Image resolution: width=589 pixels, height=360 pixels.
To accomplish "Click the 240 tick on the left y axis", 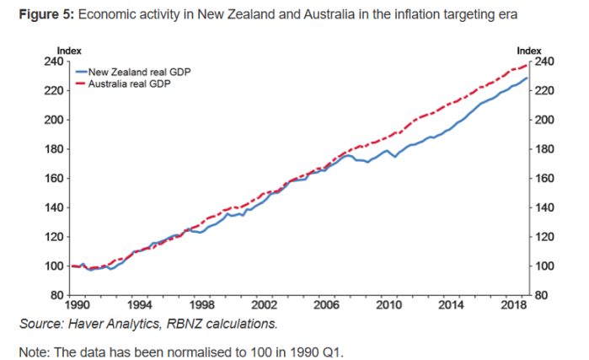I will (52, 62).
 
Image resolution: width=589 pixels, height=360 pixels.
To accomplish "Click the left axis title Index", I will (67, 51).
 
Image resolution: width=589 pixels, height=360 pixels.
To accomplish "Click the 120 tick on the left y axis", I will (52, 237).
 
